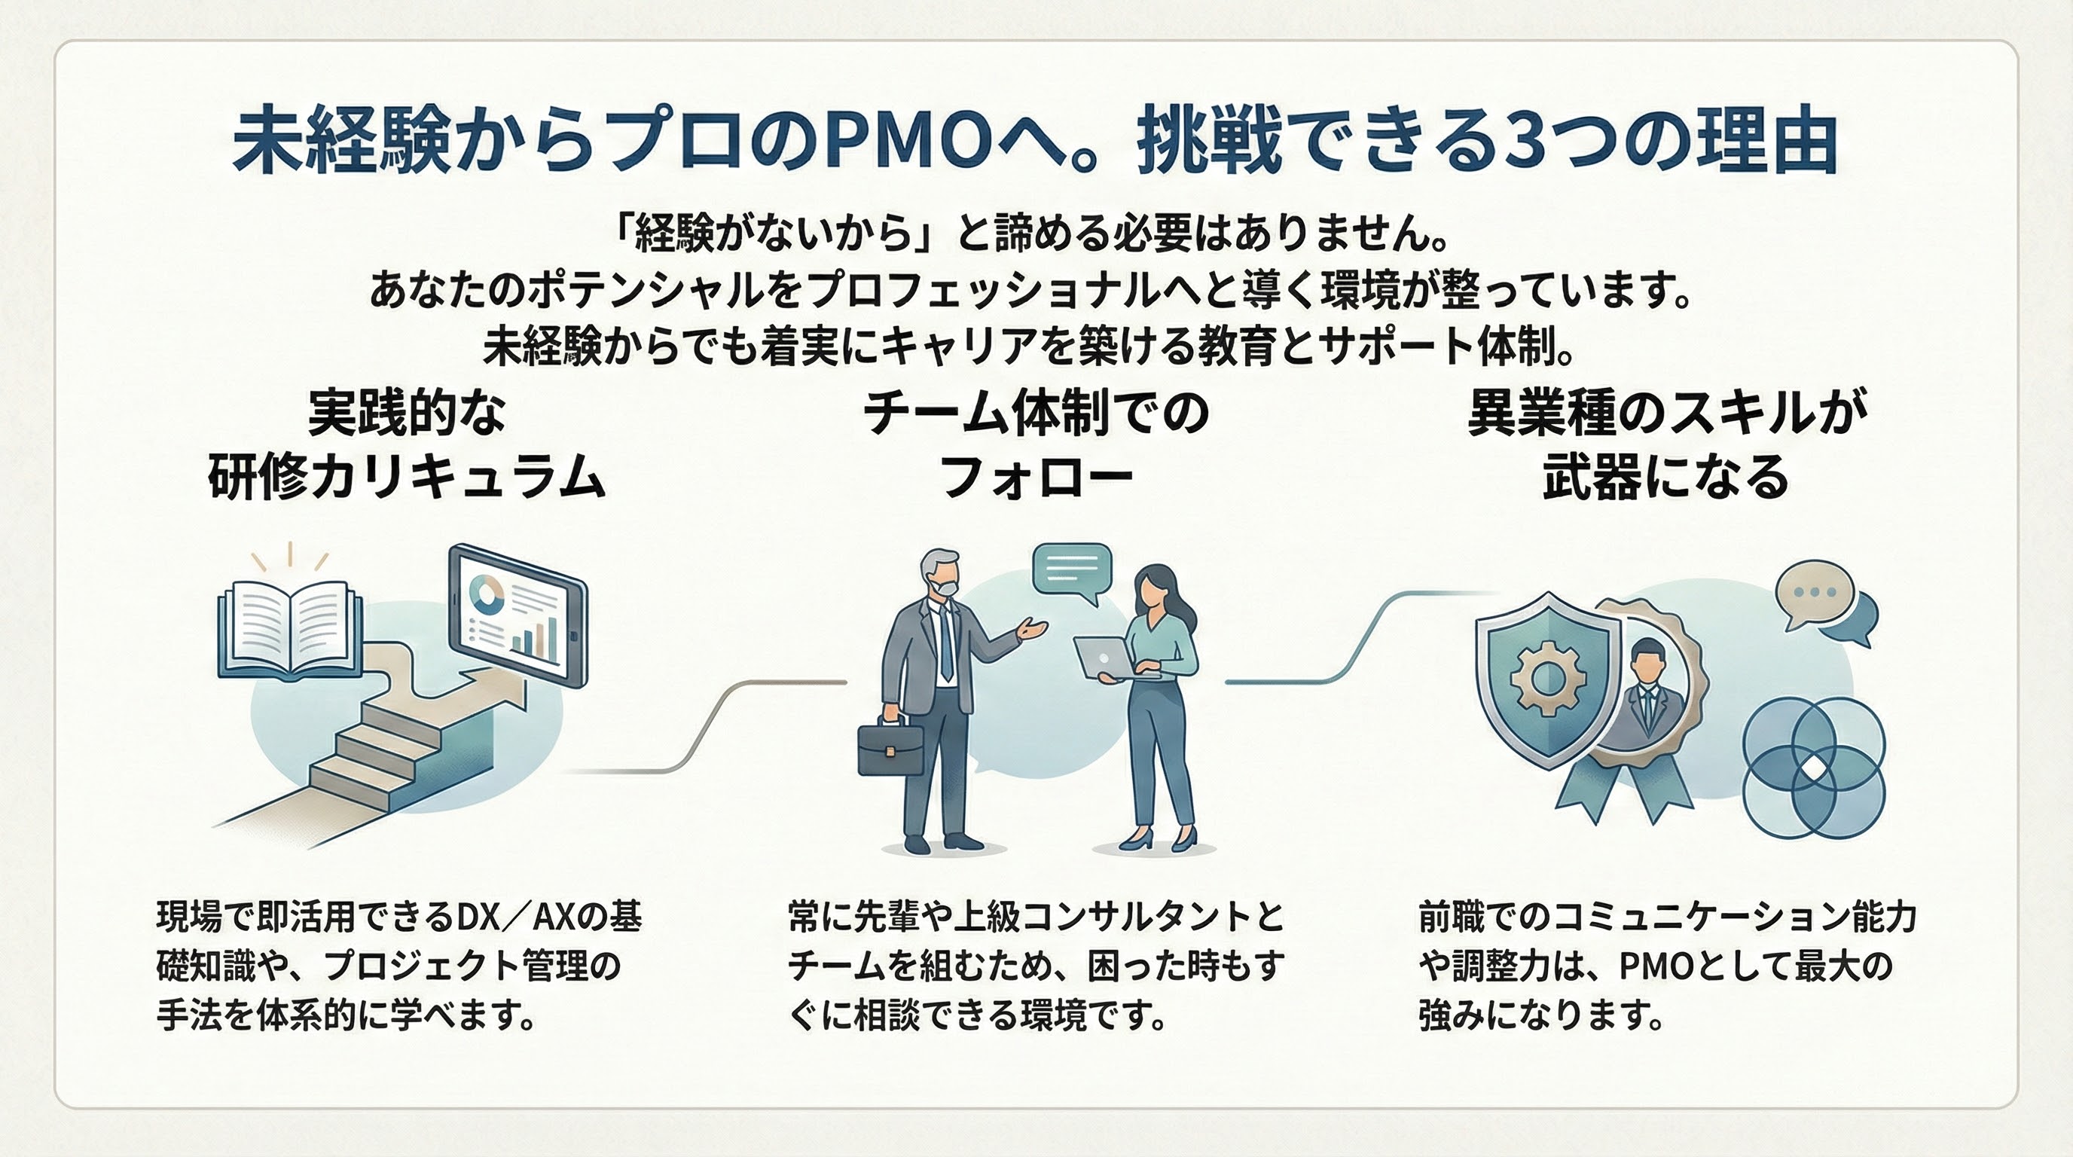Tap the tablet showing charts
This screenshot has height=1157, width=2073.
click(x=517, y=615)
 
